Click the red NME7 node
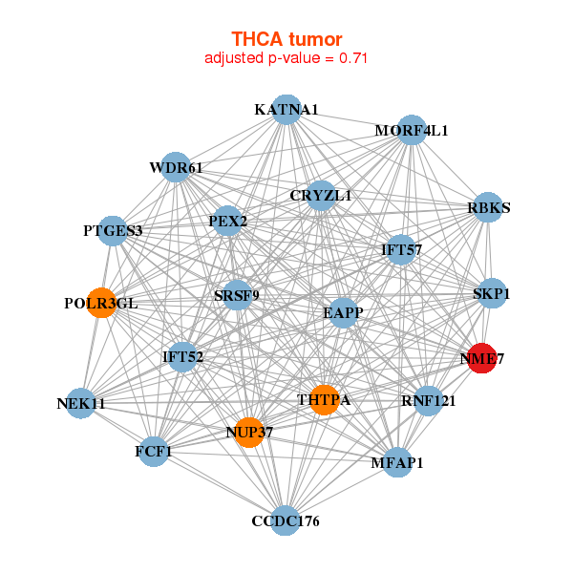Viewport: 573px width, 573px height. click(x=481, y=358)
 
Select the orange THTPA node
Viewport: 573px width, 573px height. click(x=324, y=399)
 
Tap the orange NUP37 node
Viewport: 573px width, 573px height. click(x=248, y=433)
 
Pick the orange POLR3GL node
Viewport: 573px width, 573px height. click(x=100, y=303)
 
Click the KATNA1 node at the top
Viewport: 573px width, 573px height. click(x=286, y=110)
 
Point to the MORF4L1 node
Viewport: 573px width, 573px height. click(x=411, y=130)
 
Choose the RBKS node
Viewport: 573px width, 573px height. click(x=488, y=208)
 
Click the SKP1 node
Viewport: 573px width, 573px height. click(x=491, y=294)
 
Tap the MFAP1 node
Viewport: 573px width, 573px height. click(x=397, y=463)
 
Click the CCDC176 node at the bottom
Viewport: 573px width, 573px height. click(x=286, y=520)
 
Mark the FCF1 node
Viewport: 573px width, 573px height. click(x=153, y=452)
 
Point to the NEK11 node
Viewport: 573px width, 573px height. click(x=81, y=404)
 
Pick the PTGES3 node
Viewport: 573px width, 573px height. click(x=113, y=230)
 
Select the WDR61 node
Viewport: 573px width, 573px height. click(x=176, y=169)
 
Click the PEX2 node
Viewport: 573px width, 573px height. click(x=228, y=222)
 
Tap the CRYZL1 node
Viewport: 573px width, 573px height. click(x=321, y=196)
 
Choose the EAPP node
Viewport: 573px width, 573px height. click(x=343, y=311)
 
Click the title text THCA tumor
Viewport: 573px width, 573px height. click(x=286, y=39)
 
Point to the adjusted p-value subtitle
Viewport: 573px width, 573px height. click(x=286, y=58)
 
